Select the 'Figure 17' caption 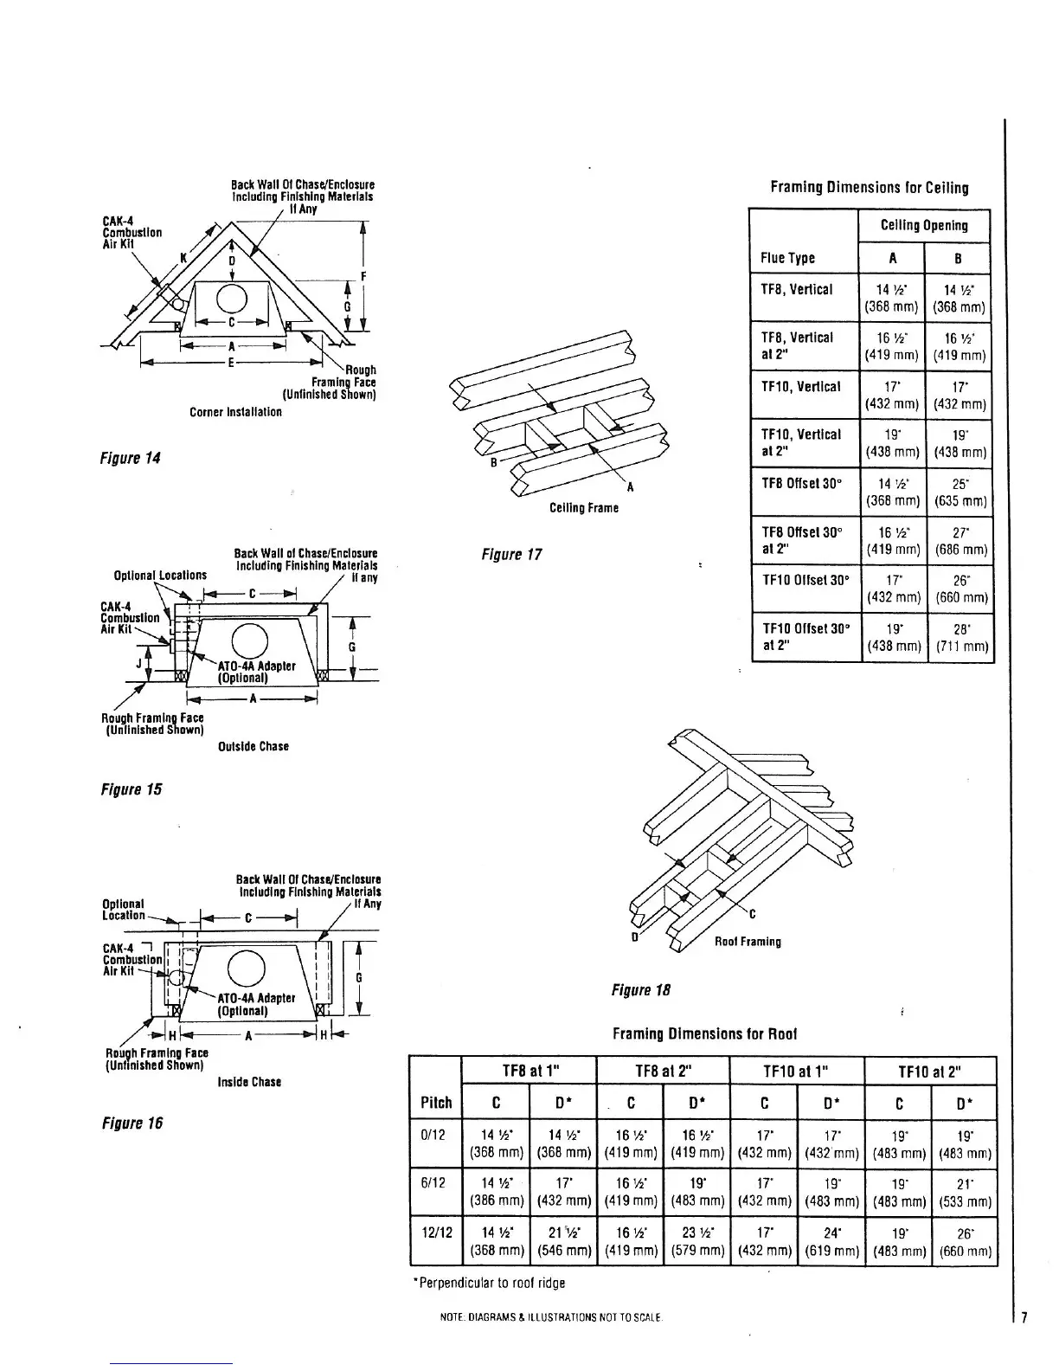pyautogui.click(x=511, y=554)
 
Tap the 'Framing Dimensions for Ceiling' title pyautogui.click(x=869, y=187)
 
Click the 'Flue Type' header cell pyautogui.click(x=787, y=258)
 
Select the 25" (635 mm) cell pyautogui.click(x=960, y=492)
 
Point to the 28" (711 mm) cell pyautogui.click(x=960, y=637)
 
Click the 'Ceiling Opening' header pyautogui.click(x=924, y=225)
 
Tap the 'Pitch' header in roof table pyautogui.click(x=436, y=1102)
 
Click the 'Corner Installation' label pyautogui.click(x=235, y=412)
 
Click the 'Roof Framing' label pyautogui.click(x=748, y=942)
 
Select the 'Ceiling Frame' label pyautogui.click(x=584, y=508)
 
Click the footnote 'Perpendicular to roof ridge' pyautogui.click(x=491, y=1283)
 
